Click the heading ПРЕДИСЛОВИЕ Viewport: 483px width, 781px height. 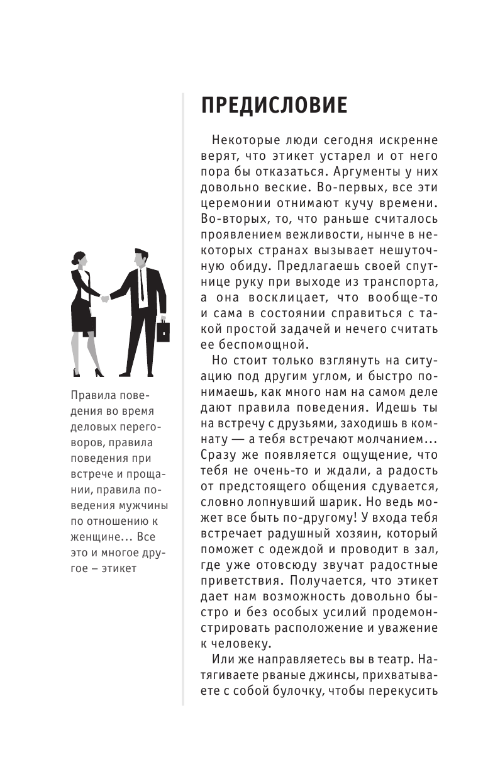[274, 104]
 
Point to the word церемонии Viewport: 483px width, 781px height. [236, 203]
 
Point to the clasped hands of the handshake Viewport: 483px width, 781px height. [104, 298]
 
